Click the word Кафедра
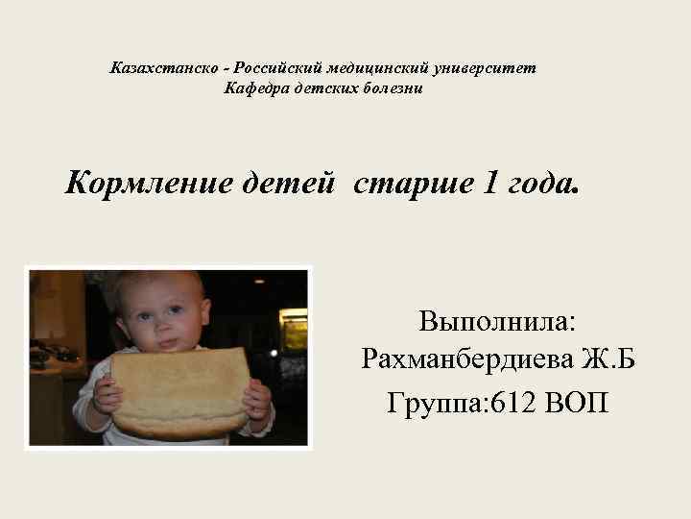click(x=255, y=89)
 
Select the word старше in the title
click(x=408, y=183)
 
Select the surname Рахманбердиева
click(x=467, y=360)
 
